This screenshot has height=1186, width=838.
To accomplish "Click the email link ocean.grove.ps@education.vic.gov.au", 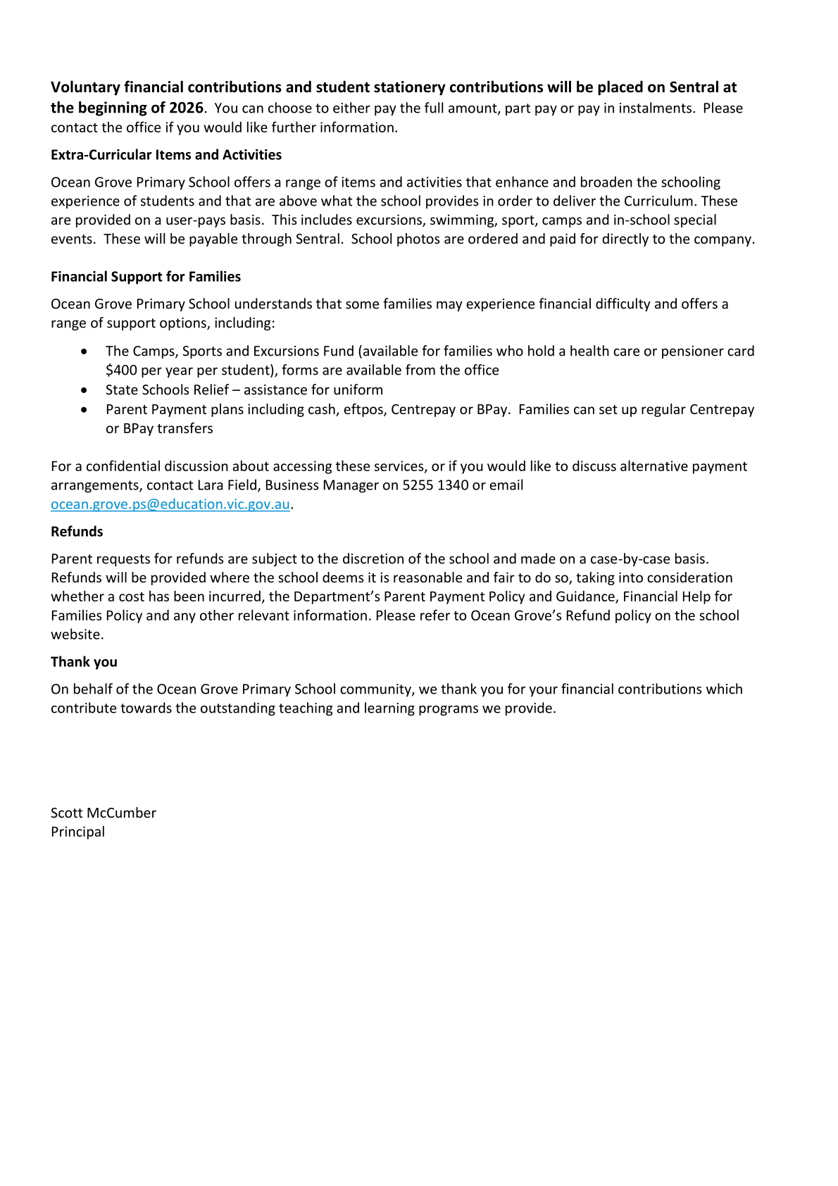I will [170, 504].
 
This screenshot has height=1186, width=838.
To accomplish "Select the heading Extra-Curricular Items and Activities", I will [166, 155].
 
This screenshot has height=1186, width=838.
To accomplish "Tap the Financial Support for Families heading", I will [146, 277].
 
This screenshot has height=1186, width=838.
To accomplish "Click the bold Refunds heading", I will [77, 532].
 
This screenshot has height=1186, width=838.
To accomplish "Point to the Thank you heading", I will [84, 662].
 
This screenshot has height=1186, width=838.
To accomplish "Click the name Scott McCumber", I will [104, 813].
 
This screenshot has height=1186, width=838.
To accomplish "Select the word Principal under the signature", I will [77, 832].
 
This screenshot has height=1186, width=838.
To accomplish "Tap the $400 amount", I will [120, 370].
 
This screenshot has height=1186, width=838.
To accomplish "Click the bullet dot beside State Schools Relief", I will [85, 389].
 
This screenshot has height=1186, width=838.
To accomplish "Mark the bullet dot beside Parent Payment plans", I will [85, 409].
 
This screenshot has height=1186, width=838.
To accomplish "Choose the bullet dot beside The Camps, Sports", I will [85, 351].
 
